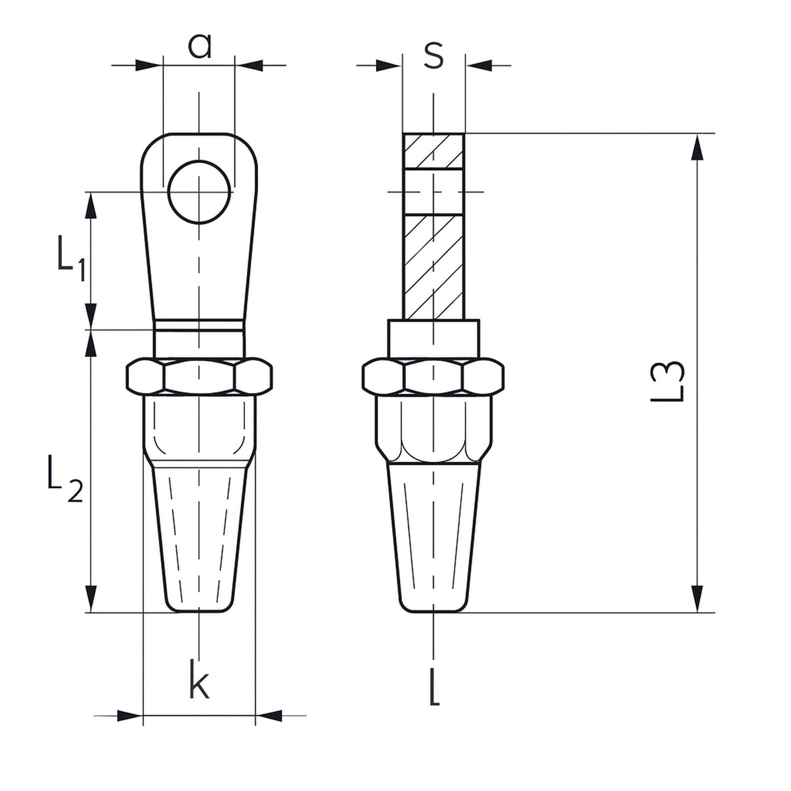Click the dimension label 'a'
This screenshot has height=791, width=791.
point(199,46)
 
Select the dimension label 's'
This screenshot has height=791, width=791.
point(433,55)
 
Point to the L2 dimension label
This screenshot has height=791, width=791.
point(65,478)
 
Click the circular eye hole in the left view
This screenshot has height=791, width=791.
point(199,192)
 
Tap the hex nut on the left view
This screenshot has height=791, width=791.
point(199,375)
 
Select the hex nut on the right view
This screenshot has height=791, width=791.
point(433,375)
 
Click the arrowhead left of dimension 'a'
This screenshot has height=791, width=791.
point(147,65)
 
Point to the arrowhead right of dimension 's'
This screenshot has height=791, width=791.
point(479,65)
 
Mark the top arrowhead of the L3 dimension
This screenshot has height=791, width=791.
point(697,147)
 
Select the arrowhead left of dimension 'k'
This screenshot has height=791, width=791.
point(130,727)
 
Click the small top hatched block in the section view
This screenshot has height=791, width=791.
point(433,151)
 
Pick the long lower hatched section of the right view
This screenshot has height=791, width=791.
point(433,266)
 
